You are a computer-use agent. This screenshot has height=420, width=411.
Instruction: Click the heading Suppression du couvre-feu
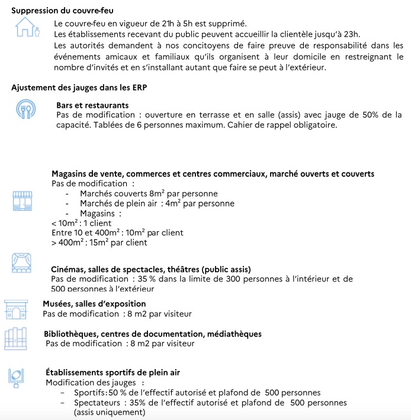tap(63, 11)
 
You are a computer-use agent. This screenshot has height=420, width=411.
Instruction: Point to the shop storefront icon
tap(21, 201)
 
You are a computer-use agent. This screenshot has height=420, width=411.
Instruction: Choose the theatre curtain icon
tap(23, 262)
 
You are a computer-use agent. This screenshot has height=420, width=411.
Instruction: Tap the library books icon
tap(16, 338)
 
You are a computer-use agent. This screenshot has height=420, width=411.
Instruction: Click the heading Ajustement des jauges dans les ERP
tap(79, 88)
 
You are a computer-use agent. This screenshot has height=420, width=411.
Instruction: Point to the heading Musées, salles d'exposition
tap(94, 304)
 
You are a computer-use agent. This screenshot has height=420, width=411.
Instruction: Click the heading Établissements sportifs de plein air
tap(113, 373)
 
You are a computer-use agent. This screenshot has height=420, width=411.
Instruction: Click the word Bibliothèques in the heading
tap(72, 334)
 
